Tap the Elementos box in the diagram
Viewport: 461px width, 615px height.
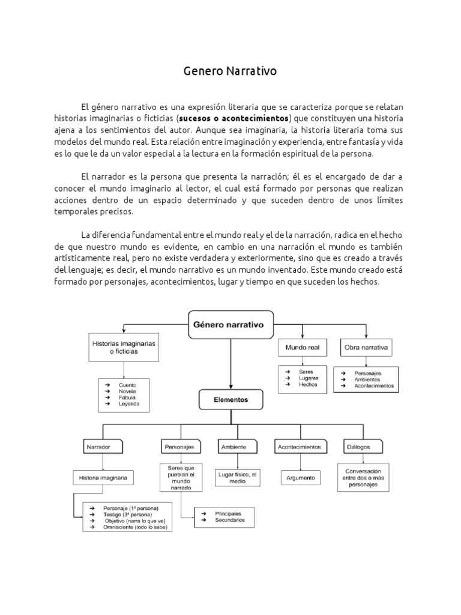[231, 398]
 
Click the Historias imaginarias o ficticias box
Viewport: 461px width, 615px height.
[123, 347]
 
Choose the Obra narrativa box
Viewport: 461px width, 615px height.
[366, 347]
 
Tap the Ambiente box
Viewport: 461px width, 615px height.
[233, 447]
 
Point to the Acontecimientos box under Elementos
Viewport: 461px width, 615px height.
[298, 447]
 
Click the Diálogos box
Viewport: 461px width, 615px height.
[358, 447]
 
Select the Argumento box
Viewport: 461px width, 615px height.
[298, 478]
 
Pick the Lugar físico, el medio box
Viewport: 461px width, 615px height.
[237, 478]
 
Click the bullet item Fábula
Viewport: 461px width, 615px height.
[127, 397]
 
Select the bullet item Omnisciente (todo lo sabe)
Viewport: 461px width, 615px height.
[134, 527]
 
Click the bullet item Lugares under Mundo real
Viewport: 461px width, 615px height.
[309, 378]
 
